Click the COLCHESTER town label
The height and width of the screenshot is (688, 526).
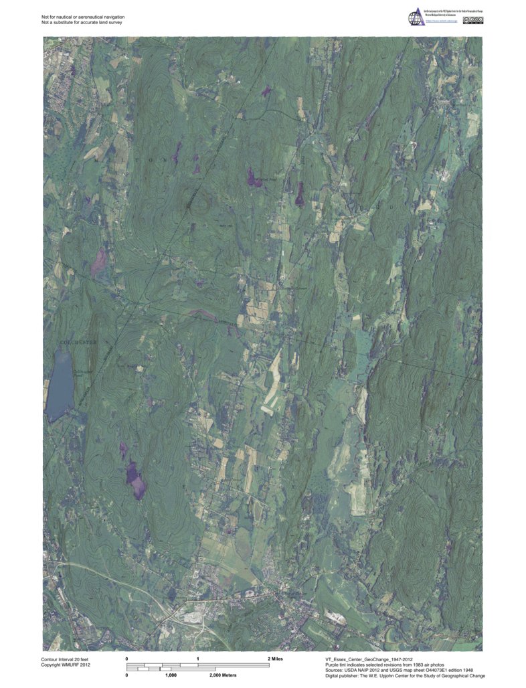pos(78,342)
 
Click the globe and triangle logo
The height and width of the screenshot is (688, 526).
pos(414,18)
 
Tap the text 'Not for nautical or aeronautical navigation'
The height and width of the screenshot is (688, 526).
pos(83,16)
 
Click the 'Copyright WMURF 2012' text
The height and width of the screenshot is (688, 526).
pos(66,665)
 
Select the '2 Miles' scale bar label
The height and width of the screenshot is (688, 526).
pos(274,659)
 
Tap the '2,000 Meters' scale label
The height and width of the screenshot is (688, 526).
pos(223,675)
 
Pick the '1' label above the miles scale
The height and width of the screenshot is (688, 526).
pos(198,659)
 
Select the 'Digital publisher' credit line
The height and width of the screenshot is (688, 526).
pos(405,676)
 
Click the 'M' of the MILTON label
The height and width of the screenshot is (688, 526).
pos(97,161)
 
